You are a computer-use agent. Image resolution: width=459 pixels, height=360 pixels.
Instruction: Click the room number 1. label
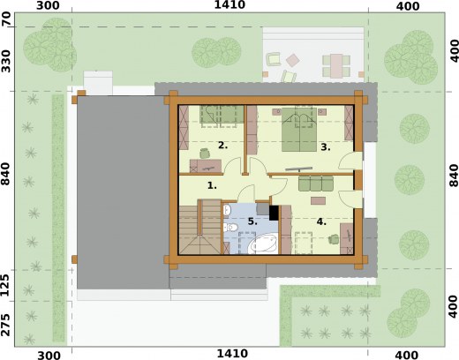tap(212, 185)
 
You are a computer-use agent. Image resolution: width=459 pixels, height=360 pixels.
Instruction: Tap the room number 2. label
tap(222, 145)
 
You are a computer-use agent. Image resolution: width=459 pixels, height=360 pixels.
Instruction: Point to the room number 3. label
tap(325, 147)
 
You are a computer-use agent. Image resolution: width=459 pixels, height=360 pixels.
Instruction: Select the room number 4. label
tap(321, 221)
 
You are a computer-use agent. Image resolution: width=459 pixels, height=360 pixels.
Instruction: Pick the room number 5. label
tap(252, 221)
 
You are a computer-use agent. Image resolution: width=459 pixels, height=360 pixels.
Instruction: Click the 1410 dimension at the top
tap(229, 4)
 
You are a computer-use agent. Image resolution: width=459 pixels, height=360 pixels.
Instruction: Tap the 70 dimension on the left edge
tap(6, 19)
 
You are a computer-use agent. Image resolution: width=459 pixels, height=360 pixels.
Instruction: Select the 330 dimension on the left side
tap(6, 61)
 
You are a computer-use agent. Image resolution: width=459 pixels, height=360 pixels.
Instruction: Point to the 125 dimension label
tap(6, 285)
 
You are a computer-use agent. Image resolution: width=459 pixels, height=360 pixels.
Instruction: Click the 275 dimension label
tap(6, 325)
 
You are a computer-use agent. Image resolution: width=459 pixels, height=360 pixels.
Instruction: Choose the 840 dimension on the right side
tap(454, 176)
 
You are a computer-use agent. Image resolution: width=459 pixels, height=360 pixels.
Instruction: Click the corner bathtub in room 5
tap(263, 244)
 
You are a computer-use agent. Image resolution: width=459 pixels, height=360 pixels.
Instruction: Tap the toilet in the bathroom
tap(230, 227)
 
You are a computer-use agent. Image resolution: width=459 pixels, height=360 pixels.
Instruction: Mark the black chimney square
tap(274, 213)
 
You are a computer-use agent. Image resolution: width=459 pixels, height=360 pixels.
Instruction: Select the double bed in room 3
tap(299, 130)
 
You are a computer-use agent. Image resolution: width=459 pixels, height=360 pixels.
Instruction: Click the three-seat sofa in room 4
tap(316, 183)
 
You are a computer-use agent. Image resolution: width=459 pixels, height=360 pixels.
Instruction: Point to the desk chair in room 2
tap(205, 154)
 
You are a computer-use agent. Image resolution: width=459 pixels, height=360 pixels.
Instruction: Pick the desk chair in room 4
tap(334, 239)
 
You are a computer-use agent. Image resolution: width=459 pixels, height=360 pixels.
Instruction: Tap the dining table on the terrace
tap(336, 66)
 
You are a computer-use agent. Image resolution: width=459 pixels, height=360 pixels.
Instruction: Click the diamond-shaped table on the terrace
tap(293, 60)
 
